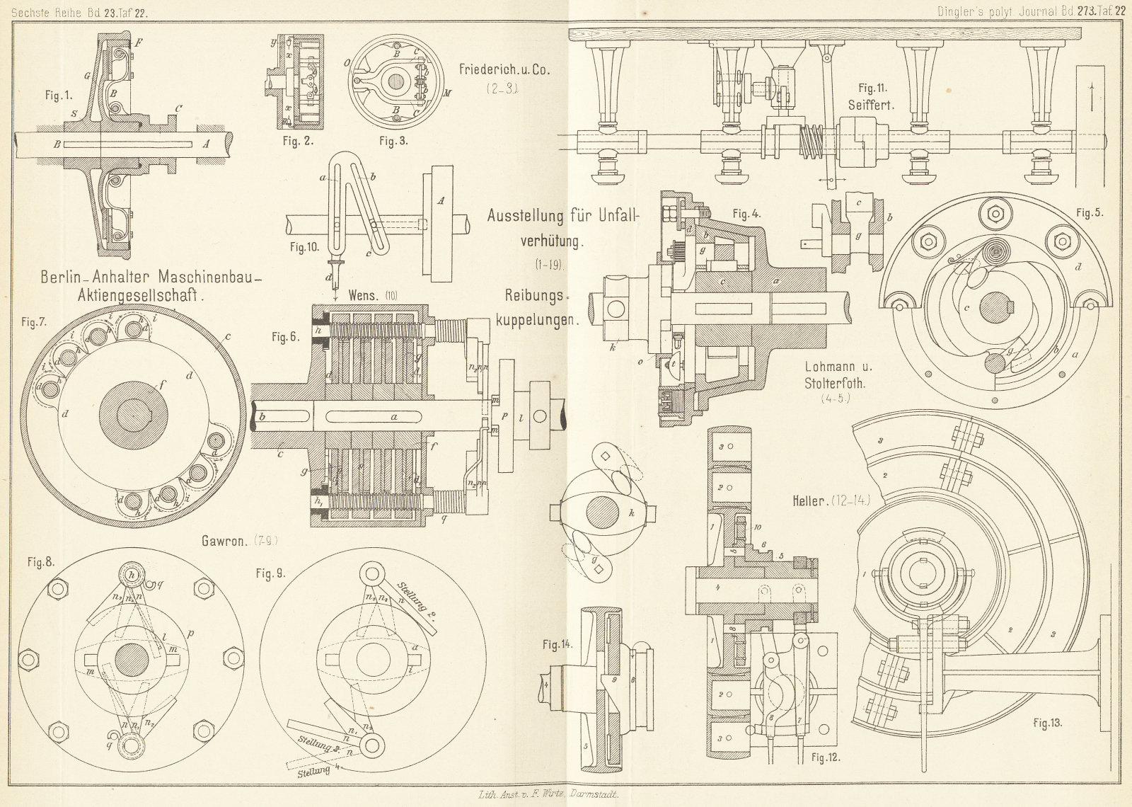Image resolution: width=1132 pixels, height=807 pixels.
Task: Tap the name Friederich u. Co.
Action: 504,70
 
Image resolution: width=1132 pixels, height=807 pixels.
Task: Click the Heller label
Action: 810,501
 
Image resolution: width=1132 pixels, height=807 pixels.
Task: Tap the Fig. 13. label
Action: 1047,723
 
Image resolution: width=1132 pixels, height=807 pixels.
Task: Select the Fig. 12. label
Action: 825,758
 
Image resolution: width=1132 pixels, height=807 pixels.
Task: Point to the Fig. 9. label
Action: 271,573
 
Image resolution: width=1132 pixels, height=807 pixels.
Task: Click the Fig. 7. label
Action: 34,322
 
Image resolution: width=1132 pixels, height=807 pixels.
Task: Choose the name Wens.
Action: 363,295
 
